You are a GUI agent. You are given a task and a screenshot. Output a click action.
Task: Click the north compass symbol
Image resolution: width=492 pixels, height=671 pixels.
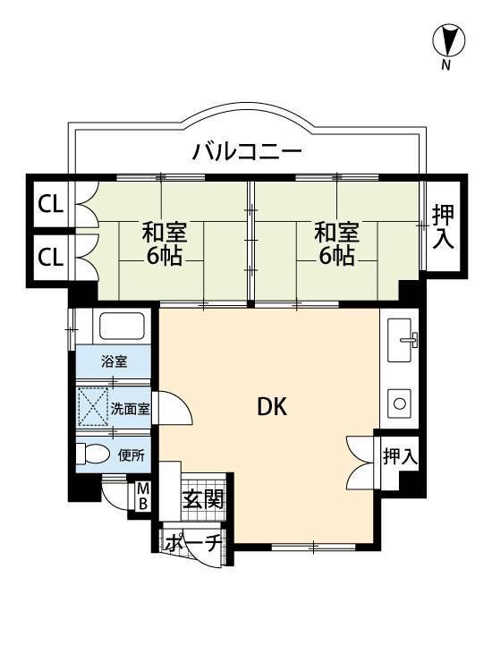pos(448,41)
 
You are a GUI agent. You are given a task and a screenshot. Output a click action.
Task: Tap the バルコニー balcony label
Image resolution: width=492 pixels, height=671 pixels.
pos(247,151)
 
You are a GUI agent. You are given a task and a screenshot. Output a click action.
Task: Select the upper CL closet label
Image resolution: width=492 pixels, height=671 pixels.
pos(50,205)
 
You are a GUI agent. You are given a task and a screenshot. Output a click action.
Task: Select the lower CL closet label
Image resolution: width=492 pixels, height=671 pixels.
pos(50,257)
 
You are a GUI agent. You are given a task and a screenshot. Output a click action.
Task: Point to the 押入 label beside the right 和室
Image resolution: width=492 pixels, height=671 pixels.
pos(443,227)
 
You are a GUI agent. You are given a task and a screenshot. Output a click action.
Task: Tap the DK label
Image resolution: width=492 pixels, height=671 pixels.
pos(272,406)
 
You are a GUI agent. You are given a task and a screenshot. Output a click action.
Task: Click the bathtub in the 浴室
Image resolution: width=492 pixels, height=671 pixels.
pos(122,327)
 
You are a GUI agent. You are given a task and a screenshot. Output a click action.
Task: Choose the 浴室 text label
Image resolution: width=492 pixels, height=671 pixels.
pos(115,361)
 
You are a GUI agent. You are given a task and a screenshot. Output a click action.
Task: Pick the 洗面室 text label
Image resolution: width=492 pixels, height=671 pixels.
pos(130,409)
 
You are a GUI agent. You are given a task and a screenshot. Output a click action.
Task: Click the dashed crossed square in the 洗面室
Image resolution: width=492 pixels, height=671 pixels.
pos(93,407)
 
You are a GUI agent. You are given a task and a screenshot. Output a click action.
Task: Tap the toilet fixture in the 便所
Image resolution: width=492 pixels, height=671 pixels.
pos(92,454)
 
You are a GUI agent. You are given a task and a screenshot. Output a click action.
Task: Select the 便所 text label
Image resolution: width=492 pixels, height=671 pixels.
pos(131,455)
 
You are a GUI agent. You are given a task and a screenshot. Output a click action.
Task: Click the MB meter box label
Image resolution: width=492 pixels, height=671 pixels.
pos(143,496)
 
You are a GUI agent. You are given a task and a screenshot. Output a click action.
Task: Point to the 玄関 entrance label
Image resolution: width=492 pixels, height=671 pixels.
pos(203,499)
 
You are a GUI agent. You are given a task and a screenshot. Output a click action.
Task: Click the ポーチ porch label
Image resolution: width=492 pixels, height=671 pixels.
pos(193,543)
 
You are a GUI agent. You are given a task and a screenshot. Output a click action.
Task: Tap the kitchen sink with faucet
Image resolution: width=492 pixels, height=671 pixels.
pos(403,340)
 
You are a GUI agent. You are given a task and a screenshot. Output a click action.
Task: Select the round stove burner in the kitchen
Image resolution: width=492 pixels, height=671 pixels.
pos(400,403)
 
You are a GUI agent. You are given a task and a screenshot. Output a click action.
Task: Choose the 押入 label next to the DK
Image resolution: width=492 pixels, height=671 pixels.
pos(400,456)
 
